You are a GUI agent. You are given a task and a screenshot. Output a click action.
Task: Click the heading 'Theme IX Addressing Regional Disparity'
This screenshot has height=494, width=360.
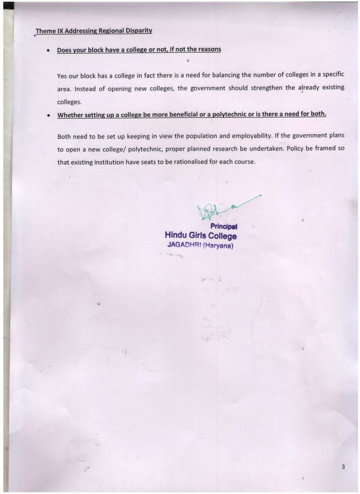click(x=94, y=30)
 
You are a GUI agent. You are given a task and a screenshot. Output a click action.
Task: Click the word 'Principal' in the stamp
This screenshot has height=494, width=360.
click(x=224, y=226)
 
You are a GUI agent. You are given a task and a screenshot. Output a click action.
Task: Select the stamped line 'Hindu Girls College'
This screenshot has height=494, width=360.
click(x=201, y=235)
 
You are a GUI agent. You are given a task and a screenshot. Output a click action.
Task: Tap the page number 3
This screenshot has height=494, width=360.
click(x=343, y=467)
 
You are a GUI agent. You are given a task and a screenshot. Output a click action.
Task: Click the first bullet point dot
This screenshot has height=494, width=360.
click(x=48, y=50)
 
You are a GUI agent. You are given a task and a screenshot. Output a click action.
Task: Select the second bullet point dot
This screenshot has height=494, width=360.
click(x=48, y=115)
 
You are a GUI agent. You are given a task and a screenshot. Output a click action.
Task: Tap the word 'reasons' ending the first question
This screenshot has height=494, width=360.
click(x=206, y=49)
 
